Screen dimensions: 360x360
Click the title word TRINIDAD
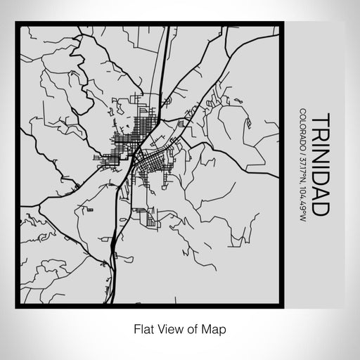point(316,163)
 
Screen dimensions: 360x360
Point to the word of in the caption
point(193,328)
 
